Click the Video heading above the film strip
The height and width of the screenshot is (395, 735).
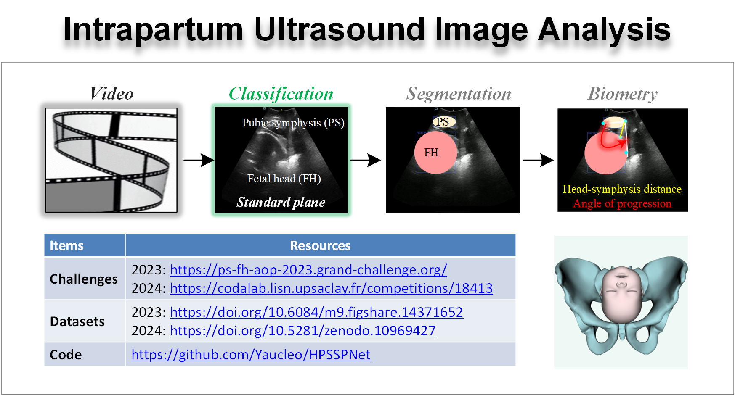111,94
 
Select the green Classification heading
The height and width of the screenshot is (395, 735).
281,94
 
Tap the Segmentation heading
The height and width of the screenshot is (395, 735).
459,94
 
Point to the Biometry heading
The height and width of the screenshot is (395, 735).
622,94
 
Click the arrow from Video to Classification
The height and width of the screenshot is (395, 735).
199,160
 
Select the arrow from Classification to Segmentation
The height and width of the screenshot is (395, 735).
365,160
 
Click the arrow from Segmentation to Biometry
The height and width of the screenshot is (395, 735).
538,160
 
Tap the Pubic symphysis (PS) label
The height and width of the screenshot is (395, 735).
293,123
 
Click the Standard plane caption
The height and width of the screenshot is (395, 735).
281,202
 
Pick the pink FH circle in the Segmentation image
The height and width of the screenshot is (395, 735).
435,153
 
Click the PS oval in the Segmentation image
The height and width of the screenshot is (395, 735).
443,122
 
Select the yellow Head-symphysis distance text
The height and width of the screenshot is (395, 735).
622,189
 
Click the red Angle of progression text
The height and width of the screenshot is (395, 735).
622,204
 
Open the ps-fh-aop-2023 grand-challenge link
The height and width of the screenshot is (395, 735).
308,270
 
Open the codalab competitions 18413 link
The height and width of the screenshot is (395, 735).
331,288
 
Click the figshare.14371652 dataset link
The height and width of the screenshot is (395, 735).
316,312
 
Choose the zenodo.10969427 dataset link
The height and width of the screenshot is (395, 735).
302,331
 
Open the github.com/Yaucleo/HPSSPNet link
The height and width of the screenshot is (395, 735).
251,355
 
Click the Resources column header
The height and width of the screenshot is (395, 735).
320,245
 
